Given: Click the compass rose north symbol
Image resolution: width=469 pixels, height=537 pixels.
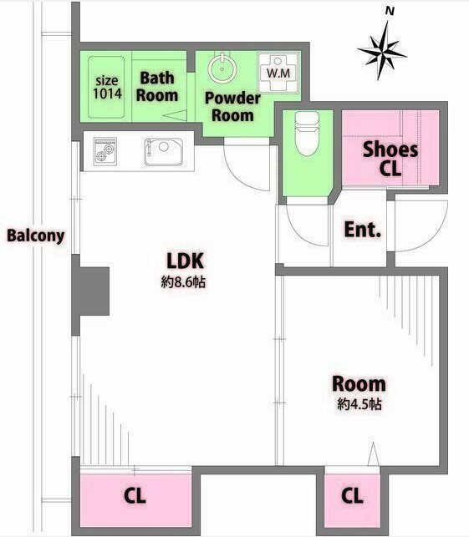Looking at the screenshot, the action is coord(381,51).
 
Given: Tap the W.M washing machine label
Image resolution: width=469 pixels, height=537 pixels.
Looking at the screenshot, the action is coord(278,73).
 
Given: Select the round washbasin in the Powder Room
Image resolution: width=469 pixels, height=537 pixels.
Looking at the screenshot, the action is coord(222,68).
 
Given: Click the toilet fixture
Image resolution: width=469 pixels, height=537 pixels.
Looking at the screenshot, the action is coord(307,133).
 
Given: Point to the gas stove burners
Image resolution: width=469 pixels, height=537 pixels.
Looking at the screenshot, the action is coord(105,152).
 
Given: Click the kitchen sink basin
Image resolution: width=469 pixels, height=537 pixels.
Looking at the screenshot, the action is coord(163,152).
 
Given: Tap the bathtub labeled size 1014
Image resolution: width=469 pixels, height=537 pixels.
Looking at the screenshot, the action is coord(106,88).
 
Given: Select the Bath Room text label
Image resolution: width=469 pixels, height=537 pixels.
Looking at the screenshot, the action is coord(157,87).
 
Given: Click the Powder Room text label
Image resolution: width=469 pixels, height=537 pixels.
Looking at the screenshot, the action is coord(232,107).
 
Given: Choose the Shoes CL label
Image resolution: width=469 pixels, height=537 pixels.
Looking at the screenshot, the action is coord(390,159).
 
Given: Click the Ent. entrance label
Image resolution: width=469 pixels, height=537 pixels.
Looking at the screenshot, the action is coord(362,230).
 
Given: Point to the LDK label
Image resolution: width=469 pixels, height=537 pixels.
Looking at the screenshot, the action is coord(185,261).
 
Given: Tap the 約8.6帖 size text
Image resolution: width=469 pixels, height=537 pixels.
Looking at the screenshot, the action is coord(183,282).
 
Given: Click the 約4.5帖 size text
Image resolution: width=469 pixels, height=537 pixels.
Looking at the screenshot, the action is coord(359,404).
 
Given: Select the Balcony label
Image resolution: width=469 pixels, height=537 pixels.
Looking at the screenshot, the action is coord(36,236).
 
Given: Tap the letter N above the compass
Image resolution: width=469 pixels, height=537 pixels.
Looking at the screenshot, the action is coord(390,12).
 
